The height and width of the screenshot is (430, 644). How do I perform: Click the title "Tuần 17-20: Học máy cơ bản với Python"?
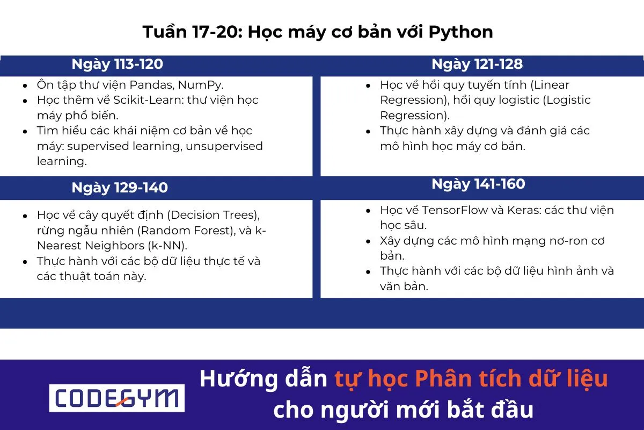[318, 32]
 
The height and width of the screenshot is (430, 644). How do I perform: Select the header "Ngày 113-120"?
[117, 64]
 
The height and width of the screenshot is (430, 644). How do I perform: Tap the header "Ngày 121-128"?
[477, 64]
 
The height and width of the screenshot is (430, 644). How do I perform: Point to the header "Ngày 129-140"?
[120, 188]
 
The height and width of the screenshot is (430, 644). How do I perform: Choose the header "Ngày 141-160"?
[478, 184]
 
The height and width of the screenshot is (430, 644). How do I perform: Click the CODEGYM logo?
[116, 398]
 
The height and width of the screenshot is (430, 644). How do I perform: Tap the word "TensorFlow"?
[453, 210]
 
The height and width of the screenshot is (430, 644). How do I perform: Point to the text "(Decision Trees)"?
[214, 216]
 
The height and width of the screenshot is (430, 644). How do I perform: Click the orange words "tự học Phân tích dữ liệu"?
[471, 379]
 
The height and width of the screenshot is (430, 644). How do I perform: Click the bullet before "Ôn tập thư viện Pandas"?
[25, 85]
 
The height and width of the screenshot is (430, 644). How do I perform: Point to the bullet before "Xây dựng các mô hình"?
[368, 241]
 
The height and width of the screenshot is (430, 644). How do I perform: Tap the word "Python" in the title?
[460, 32]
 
